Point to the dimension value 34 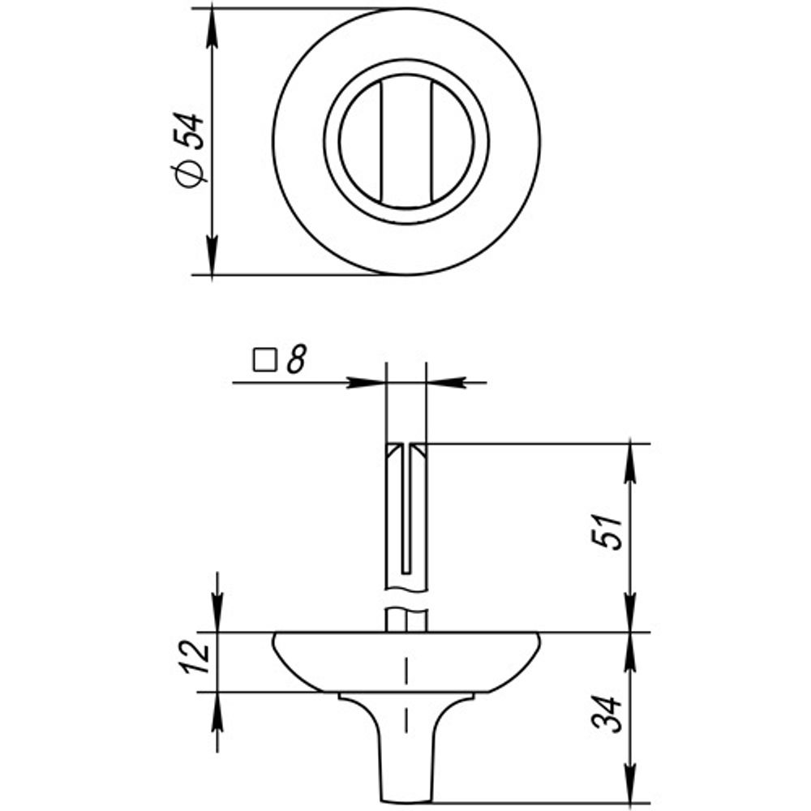pos(606,714)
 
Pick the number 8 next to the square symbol pos(296,359)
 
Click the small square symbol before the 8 pos(265,360)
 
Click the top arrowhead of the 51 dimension pos(629,463)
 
